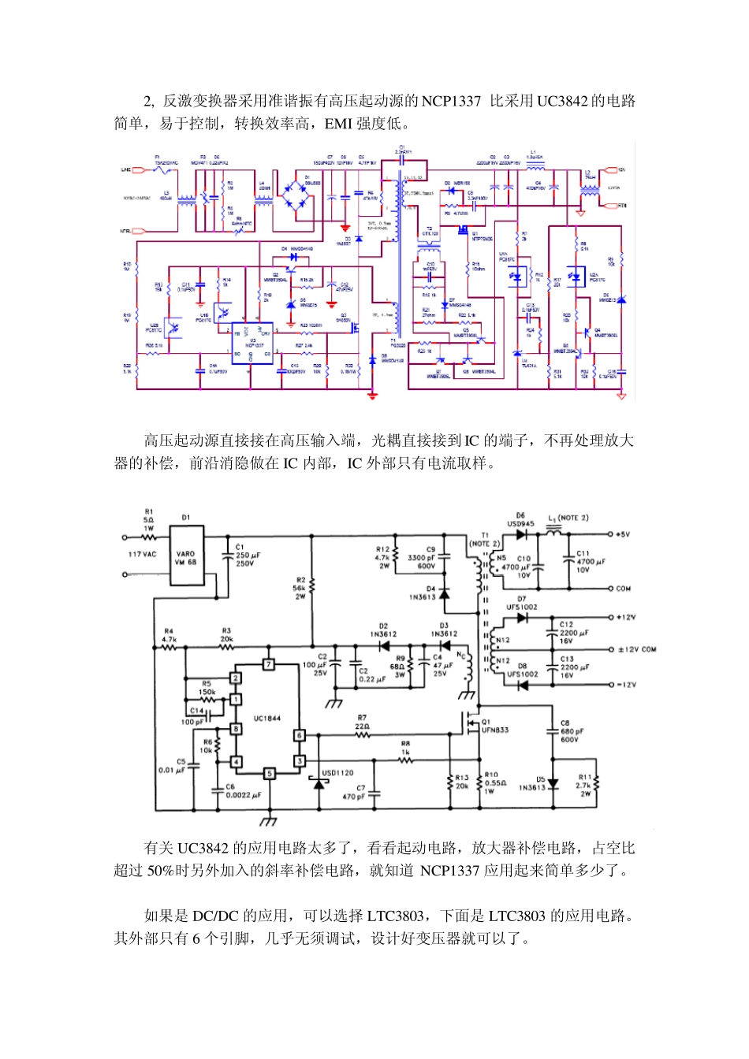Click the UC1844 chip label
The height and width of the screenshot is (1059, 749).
[x=267, y=718]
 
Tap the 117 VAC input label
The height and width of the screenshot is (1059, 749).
[x=143, y=555]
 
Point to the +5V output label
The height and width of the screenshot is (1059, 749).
[x=623, y=534]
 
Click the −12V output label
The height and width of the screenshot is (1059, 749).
[x=626, y=685]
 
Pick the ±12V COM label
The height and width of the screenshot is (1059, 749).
[x=637, y=649]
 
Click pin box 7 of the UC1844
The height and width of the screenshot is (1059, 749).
[x=268, y=664]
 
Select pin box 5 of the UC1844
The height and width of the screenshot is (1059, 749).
[x=268, y=774]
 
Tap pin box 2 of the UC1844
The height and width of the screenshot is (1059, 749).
[x=235, y=678]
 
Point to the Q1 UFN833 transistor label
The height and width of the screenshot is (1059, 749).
[x=494, y=726]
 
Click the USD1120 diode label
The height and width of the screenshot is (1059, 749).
[x=337, y=773]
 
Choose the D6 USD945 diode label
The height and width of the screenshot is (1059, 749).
[x=520, y=519]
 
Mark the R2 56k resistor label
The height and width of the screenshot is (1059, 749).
[x=300, y=588]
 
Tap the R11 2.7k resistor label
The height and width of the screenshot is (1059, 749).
[x=583, y=786]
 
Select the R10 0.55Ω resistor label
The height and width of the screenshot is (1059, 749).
[x=495, y=782]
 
